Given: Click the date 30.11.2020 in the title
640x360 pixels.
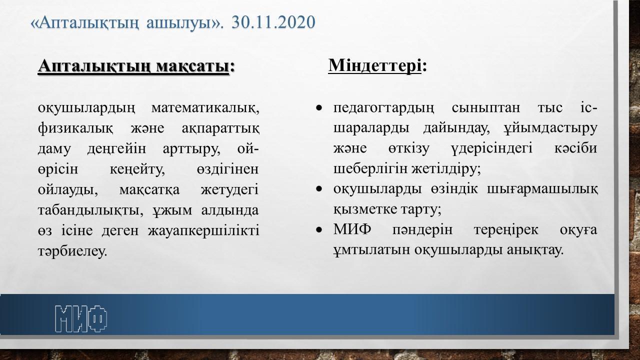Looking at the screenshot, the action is (x=273, y=22).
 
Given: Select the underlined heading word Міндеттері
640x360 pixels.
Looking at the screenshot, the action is (x=374, y=65).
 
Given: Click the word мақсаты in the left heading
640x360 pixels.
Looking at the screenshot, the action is (x=193, y=66).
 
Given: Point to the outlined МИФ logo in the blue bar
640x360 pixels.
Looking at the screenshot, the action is (x=81, y=318).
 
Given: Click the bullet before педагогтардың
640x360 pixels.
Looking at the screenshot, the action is (x=319, y=108).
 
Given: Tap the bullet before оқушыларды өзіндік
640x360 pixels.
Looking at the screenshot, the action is (x=319, y=189).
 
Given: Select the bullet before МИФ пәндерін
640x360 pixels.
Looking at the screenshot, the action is (x=319, y=229).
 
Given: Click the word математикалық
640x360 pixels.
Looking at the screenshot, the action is (x=205, y=108).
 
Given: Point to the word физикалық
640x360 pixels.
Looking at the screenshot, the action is (x=75, y=128).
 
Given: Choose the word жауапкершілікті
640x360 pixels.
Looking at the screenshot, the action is (x=203, y=231).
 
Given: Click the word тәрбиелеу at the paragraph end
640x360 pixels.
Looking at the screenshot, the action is (x=72, y=251).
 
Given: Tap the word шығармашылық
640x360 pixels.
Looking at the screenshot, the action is (x=542, y=189).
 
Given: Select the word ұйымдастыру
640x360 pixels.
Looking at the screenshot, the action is (x=550, y=128).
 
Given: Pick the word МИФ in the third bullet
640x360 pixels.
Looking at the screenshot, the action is (x=352, y=229).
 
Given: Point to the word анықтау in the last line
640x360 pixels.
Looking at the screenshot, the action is (x=535, y=250).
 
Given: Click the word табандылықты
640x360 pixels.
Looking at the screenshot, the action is (x=90, y=210).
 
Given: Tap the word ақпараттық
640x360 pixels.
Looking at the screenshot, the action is (x=220, y=129).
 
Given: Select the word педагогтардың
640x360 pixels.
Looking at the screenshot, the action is (x=383, y=108).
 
